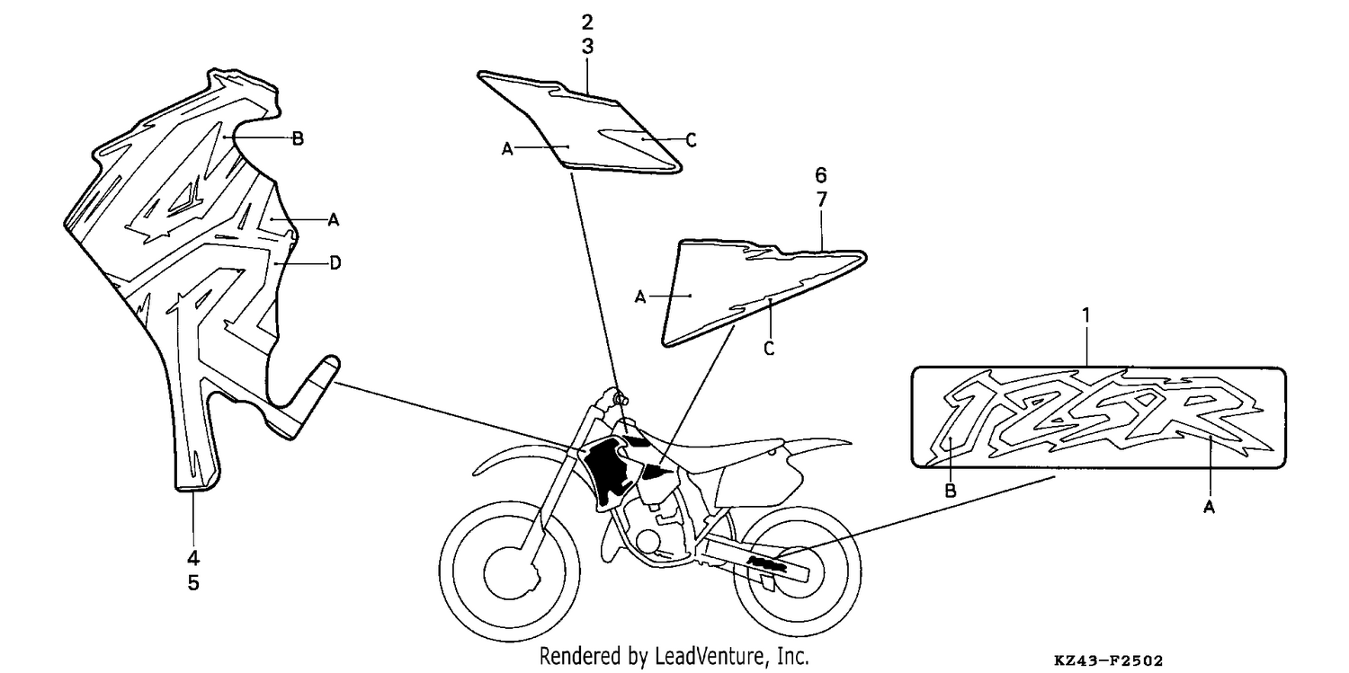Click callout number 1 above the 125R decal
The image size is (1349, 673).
[1086, 315]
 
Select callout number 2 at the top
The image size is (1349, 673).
[587, 22]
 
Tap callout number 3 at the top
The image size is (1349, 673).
[587, 47]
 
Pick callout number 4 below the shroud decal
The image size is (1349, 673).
[192, 558]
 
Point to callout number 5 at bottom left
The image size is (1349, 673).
[192, 582]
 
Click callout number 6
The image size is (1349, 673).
[821, 175]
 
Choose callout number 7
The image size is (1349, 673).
[821, 199]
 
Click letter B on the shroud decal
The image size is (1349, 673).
[298, 139]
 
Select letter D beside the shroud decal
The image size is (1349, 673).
[335, 263]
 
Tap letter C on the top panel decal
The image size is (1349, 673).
[692, 140]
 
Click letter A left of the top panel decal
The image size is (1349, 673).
[507, 148]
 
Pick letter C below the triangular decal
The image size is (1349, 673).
[768, 349]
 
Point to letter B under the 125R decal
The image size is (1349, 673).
[951, 491]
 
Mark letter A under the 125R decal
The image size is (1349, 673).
[1209, 508]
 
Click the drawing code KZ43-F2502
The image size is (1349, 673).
[1108, 660]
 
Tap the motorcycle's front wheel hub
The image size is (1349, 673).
[510, 572]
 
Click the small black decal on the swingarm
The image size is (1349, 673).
[766, 564]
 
